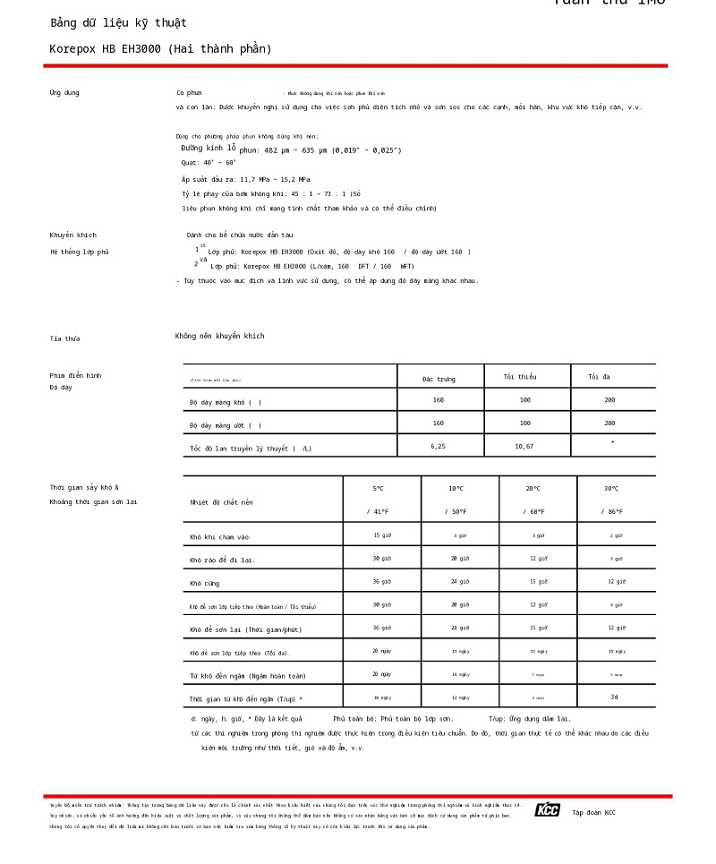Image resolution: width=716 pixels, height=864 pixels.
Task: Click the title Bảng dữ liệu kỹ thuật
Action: tap(118, 23)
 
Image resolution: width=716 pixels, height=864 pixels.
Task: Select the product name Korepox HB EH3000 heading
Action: tap(160, 49)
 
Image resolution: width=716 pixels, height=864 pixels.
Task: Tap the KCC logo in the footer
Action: tap(547, 810)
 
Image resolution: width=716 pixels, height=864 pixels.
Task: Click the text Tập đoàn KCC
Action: tap(593, 813)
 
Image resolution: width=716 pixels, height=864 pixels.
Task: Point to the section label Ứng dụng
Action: tap(64, 93)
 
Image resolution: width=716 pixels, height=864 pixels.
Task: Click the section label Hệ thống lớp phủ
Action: tap(79, 252)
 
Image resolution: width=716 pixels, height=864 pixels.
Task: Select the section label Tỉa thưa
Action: tap(64, 339)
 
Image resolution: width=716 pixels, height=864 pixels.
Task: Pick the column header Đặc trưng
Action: tap(439, 380)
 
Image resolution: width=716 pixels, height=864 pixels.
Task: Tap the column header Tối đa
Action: tap(599, 377)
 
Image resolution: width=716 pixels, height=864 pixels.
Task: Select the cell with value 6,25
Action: tap(438, 446)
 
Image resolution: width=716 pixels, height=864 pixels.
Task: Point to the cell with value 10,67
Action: tap(524, 446)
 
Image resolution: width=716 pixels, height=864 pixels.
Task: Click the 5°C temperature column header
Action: tap(379, 489)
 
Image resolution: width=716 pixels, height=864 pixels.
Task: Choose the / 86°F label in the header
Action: tap(613, 512)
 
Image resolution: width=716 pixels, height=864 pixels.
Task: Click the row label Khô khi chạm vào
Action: tap(219, 537)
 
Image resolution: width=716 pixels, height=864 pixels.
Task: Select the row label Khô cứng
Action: tap(204, 584)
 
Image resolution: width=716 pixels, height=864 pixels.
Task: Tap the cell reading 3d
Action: tap(614, 697)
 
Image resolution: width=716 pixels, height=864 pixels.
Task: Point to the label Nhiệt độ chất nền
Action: tap(221, 503)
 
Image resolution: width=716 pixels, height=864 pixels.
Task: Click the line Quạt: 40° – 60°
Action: tap(209, 163)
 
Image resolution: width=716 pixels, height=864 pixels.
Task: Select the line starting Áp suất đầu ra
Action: tap(245, 179)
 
